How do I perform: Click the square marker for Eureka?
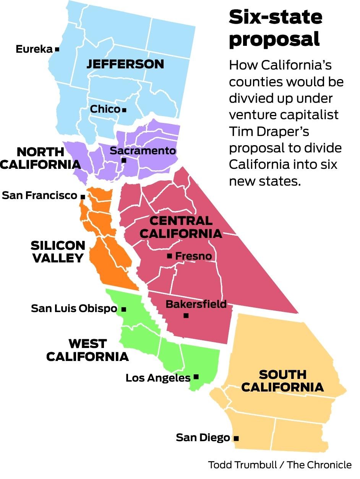pyautogui.click(x=57, y=49)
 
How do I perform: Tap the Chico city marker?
pyautogui.click(x=124, y=110)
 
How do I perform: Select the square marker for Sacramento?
pyautogui.click(x=124, y=160)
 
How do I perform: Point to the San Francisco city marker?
pyautogui.click(x=83, y=196)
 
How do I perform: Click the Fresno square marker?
pyautogui.click(x=169, y=256)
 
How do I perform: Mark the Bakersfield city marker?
pyautogui.click(x=186, y=316)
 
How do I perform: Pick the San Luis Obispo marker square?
pyautogui.click(x=123, y=309)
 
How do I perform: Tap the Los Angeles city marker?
pyautogui.click(x=196, y=377)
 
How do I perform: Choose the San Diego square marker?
pyautogui.click(x=236, y=438)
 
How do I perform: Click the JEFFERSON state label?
pyautogui.click(x=125, y=64)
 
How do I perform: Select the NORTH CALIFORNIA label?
pyautogui.click(x=41, y=158)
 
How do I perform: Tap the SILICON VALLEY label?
pyautogui.click(x=58, y=251)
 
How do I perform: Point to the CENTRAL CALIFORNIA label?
pyautogui.click(x=181, y=227)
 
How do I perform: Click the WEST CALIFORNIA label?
pyautogui.click(x=88, y=350)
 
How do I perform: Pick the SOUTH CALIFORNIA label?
pyautogui.click(x=282, y=381)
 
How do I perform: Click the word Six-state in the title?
pyautogui.click(x=275, y=17)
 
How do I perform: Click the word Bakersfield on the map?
pyautogui.click(x=196, y=304)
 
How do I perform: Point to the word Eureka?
pyautogui.click(x=34, y=49)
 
